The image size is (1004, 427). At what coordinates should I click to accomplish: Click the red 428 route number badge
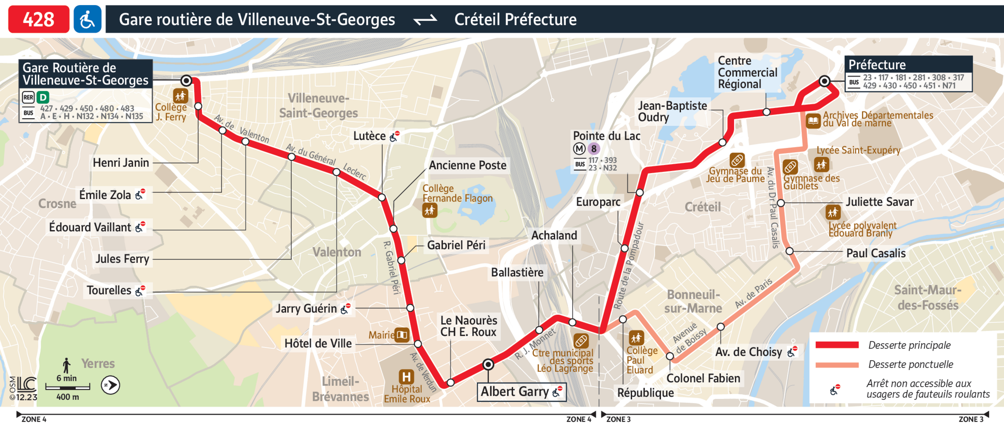click(x=38, y=19)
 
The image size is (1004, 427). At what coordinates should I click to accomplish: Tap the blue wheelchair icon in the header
click(x=87, y=19)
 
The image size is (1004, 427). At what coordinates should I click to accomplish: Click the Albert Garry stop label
click(x=514, y=391)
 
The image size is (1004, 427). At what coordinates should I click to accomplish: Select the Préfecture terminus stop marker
click(x=824, y=81)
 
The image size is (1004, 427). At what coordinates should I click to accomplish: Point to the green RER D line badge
click(x=43, y=97)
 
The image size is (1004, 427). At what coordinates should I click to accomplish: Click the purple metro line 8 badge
click(x=593, y=149)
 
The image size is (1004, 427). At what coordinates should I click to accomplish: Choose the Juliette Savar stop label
click(x=880, y=202)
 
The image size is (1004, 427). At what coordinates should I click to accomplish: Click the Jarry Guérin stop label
click(x=306, y=308)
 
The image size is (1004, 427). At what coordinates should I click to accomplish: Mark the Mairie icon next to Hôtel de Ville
click(x=402, y=335)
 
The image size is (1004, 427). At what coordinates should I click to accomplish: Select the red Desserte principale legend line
click(x=837, y=345)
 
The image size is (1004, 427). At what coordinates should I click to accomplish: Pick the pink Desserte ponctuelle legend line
click(x=837, y=364)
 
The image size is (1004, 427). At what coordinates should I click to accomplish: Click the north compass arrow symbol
click(x=110, y=385)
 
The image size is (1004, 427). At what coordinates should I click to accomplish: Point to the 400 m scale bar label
click(x=68, y=397)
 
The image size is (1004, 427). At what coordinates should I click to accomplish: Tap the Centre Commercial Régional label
click(x=747, y=72)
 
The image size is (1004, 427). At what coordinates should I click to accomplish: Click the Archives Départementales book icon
click(x=813, y=120)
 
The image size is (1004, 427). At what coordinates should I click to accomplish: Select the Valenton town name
click(x=337, y=252)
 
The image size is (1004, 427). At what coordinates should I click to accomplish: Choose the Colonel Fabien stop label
click(x=703, y=378)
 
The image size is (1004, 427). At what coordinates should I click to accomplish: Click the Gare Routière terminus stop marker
click(x=186, y=81)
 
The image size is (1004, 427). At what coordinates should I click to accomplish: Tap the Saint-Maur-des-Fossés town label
click(x=928, y=297)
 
